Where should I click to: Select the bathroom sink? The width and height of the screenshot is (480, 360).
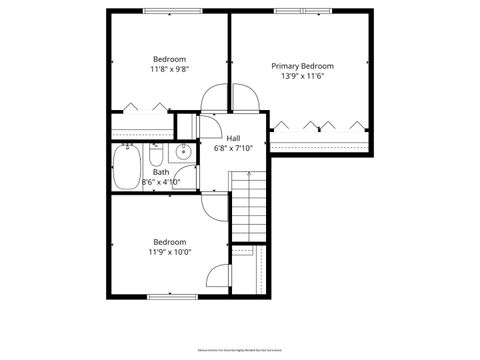182,154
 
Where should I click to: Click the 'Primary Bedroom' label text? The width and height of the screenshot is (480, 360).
303,65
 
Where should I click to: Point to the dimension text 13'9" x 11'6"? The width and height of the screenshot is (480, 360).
303,76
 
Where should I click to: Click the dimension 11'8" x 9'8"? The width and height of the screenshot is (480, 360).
170,69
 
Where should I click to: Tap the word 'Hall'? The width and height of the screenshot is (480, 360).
233,138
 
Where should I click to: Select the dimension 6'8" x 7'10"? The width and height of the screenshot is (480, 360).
233,149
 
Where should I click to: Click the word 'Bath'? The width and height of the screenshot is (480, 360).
161,172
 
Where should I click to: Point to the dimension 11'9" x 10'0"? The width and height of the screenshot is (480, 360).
170,252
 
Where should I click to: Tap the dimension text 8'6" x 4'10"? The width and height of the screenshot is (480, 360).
161,182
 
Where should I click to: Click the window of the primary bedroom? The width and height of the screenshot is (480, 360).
302,11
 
